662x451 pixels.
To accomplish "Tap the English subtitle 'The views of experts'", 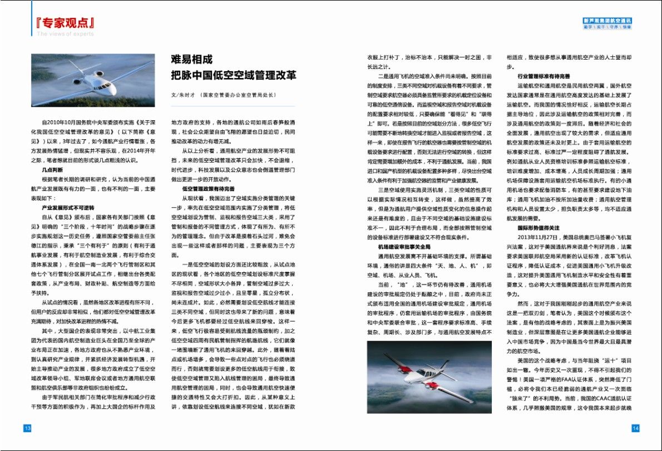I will [x=66, y=34].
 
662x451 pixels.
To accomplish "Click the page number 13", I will [x=27, y=428].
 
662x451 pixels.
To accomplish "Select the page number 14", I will [x=635, y=428].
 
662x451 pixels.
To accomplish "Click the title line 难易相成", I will [x=191, y=60].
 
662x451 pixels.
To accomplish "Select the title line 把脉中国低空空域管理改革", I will [x=234, y=75].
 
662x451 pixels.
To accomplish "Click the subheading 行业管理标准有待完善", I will [x=542, y=76].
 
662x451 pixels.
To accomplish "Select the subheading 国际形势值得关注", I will [x=537, y=228].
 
